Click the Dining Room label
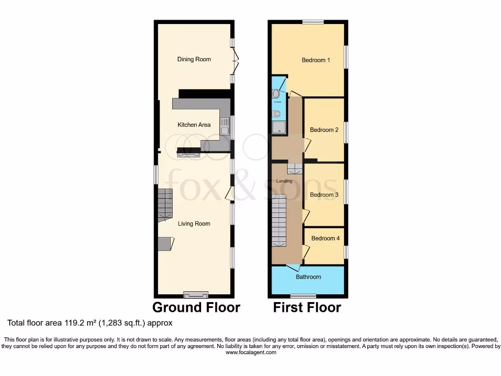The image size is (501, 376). tap(194, 59)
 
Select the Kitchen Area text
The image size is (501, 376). tap(194, 125)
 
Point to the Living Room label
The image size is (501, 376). tap(194, 224)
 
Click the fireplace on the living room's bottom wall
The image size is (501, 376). tap(195, 295)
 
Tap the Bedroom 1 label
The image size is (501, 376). tap(316, 60)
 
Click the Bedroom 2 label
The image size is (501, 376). tap(324, 130)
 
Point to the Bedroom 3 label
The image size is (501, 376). tap(324, 195)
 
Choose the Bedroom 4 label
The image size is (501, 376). tap(325, 238)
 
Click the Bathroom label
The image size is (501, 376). tap(308, 277)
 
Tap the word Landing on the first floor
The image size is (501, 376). tap(284, 181)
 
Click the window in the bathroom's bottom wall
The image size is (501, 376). tap(303, 296)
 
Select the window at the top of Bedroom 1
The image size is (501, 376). tap(313, 22)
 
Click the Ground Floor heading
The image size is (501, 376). tap(196, 307)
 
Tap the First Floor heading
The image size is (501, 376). tap(307, 307)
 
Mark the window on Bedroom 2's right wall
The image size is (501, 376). tap(346, 132)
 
